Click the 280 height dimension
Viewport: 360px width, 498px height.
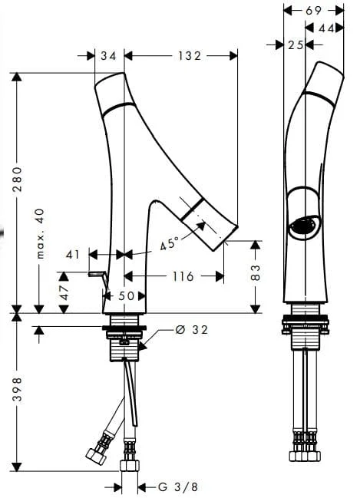[x=18, y=179]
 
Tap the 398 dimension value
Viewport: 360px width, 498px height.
[x=18, y=389]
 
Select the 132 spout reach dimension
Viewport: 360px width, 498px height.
[x=190, y=56]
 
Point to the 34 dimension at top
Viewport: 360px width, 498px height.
[x=109, y=56]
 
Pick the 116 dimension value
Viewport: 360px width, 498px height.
[x=183, y=276]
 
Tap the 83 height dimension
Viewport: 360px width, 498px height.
[x=256, y=272]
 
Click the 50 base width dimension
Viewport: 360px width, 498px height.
[x=127, y=296]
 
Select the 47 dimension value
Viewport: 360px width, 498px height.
[x=64, y=292]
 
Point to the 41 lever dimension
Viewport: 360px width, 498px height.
[x=73, y=255]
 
